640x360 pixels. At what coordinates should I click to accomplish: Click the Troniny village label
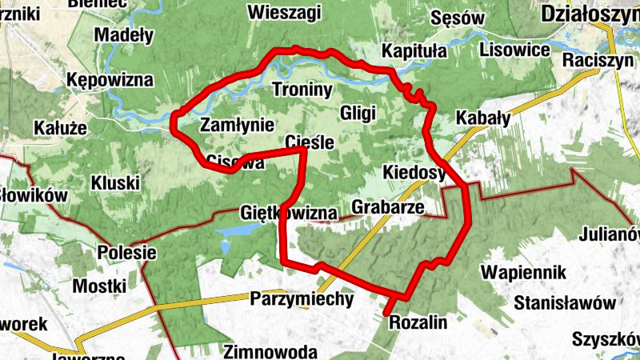(302, 90)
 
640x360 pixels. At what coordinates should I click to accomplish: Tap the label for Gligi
(358, 113)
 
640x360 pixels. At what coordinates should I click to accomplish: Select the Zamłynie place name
(238, 125)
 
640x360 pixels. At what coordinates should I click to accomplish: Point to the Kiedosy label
(414, 173)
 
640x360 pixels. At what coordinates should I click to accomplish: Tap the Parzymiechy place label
(302, 299)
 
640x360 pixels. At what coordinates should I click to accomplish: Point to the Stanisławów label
(565, 303)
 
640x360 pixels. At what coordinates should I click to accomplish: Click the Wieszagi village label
(284, 13)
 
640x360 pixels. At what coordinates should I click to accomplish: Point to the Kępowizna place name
(110, 81)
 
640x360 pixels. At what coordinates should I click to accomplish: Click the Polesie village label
(126, 252)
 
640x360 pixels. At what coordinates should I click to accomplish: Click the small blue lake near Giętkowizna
(238, 230)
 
